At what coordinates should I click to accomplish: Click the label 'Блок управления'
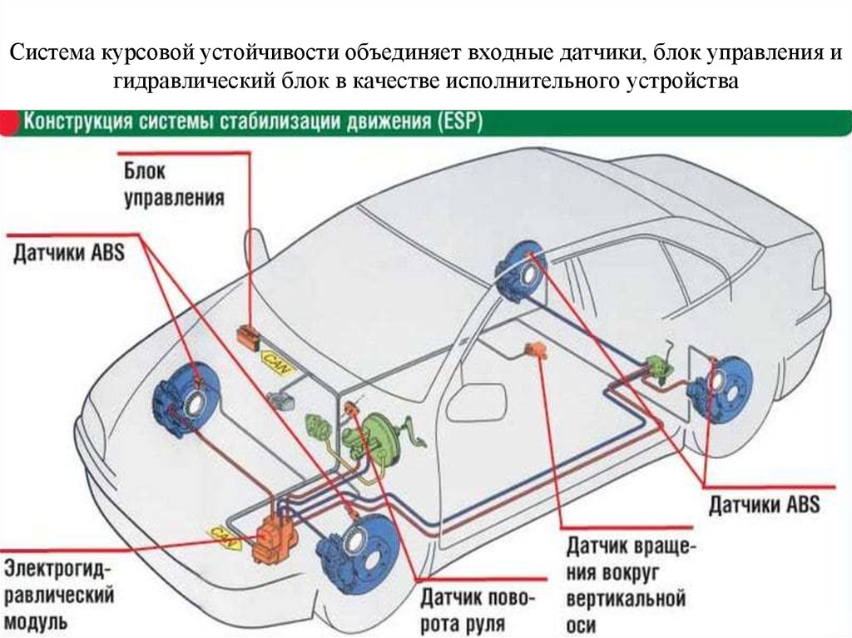tap(174, 185)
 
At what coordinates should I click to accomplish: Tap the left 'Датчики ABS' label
tap(68, 254)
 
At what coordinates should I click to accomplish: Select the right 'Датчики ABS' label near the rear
tap(764, 504)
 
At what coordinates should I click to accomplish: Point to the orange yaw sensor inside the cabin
tap(534, 349)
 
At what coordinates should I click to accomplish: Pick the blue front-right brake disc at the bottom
tap(359, 551)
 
